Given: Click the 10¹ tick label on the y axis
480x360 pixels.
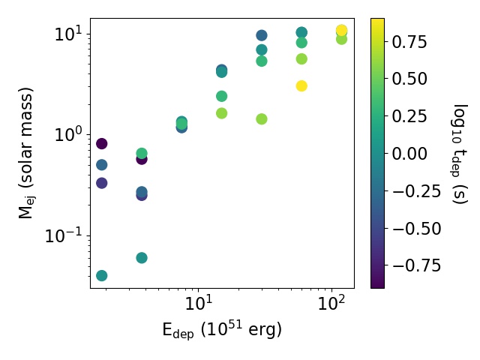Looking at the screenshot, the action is [x=69, y=34].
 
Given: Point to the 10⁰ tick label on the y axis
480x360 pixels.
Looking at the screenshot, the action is [x=69, y=134].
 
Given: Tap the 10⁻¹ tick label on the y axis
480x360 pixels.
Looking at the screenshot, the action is [x=64, y=235].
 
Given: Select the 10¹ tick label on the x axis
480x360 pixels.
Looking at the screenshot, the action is [x=199, y=303].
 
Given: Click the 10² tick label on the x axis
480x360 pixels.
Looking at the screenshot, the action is [x=331, y=303].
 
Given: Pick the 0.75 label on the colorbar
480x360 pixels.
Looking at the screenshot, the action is [x=409, y=42].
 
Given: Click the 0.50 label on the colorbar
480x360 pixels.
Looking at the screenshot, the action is [x=409, y=79].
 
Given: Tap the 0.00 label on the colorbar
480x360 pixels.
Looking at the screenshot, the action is [x=409, y=153].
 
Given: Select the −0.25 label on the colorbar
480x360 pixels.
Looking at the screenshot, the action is [x=417, y=190].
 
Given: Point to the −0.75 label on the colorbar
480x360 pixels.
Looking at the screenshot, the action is [x=417, y=265].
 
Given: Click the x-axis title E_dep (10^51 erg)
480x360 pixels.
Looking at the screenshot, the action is [x=222, y=330].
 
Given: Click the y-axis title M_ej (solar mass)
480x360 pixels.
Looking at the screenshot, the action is [x=26, y=153].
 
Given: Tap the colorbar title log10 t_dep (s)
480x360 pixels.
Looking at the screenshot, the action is [x=459, y=154].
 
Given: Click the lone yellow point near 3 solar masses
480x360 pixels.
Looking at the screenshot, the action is [x=301, y=86].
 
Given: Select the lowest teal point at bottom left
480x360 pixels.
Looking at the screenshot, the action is [x=102, y=275].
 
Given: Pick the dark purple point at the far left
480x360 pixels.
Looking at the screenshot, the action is [x=102, y=143].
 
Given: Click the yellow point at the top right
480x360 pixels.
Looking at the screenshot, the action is [x=341, y=30].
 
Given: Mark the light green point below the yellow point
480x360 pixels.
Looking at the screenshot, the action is [x=341, y=39].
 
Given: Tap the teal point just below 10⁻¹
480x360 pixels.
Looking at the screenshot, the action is [x=142, y=258].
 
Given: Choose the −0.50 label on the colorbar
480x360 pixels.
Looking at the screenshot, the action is [x=417, y=228].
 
